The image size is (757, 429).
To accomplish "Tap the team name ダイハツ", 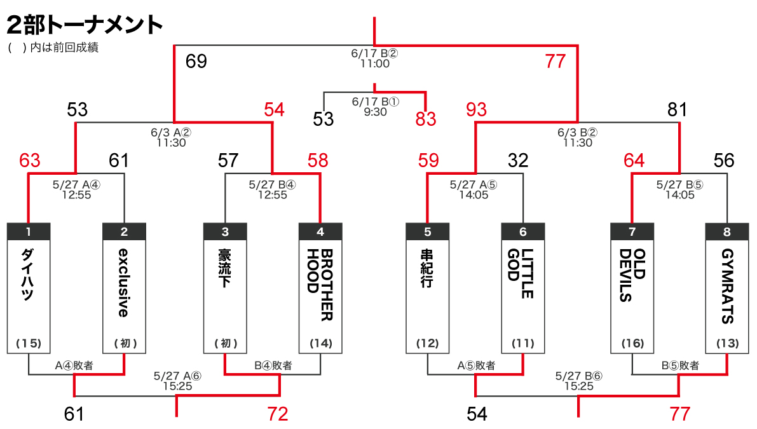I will coord(28,275).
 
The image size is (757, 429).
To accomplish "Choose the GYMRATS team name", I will coord(727,286).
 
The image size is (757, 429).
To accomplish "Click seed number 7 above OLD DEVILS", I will coord(632,232).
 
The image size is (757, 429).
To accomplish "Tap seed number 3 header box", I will coord(225,232).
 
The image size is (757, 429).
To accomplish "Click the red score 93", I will coord(475,110).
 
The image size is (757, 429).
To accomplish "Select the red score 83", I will coord(426,119).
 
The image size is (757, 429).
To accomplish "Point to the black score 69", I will coord(196,62).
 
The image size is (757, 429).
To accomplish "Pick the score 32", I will coord(519,161).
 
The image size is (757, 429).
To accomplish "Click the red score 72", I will coord(277,414).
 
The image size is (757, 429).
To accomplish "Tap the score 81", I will coord(678,110).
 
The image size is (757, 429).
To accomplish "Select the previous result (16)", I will coord(632,344).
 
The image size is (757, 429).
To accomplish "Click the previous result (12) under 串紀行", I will coord(427,344).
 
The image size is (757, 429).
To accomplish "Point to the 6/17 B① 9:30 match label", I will coord(375,106).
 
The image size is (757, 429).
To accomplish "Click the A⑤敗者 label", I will coord(476,365).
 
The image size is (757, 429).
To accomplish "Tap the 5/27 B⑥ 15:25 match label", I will coord(578,381).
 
